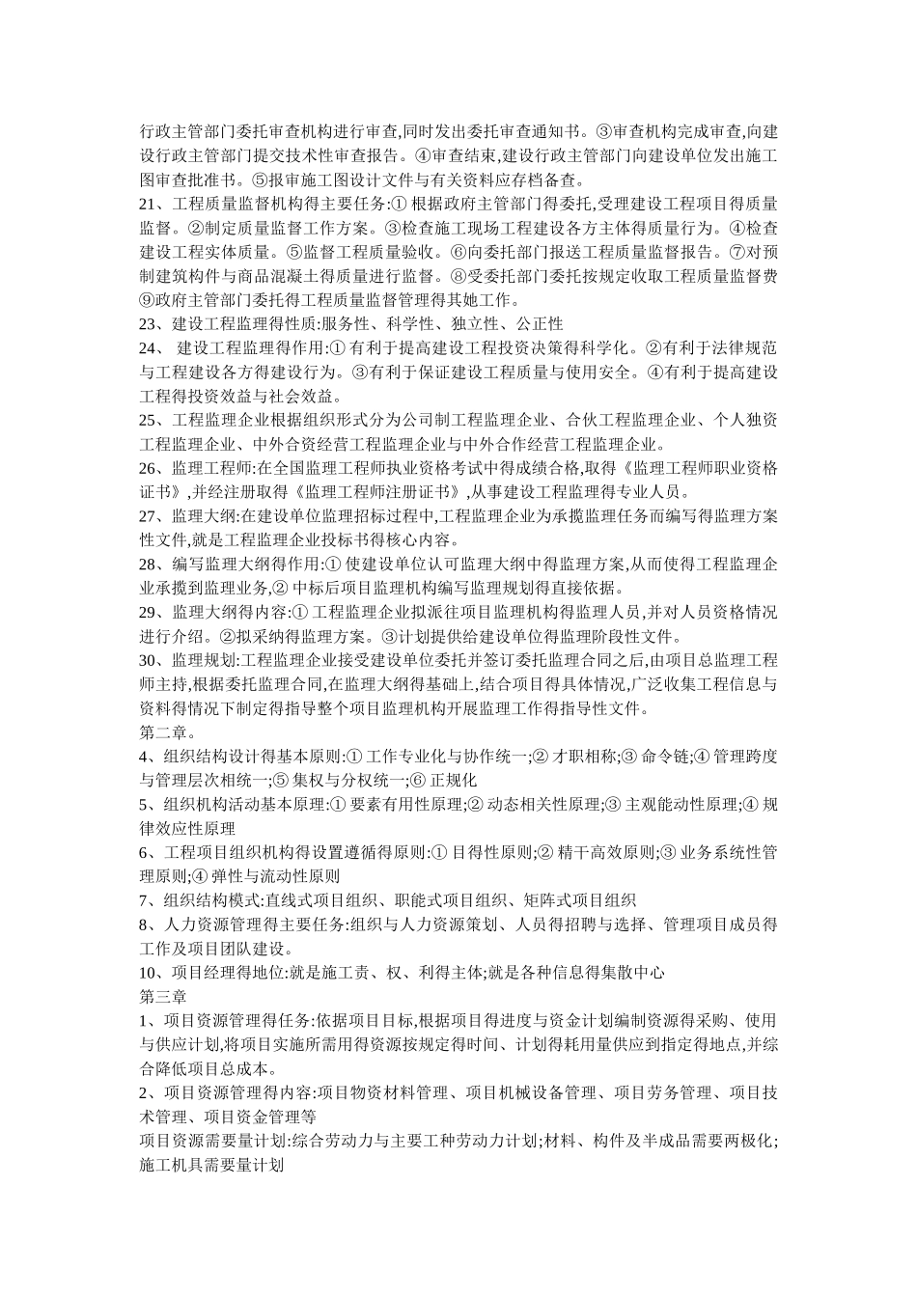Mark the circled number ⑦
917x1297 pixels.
tap(729, 252)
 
